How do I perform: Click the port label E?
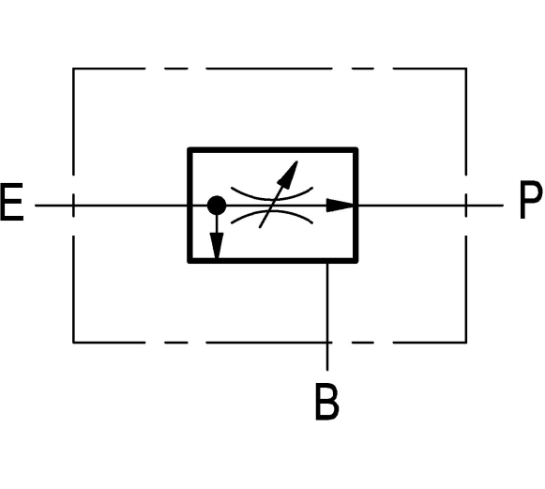pos(12,202)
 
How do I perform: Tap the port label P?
pos(530,200)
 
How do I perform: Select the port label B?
pos(326,402)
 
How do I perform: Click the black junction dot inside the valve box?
pos(217,206)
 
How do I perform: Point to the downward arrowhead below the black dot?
pos(217,246)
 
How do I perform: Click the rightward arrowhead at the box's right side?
pos(341,206)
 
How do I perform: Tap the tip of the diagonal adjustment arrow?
pos(297,161)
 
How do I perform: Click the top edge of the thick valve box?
pos(273,150)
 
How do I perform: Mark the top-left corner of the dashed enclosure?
pos(73,69)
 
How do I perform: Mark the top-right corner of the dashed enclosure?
pos(466,69)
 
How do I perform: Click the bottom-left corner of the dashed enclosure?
pos(73,343)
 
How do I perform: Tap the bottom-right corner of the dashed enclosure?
pos(466,343)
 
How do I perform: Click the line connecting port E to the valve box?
pos(112,206)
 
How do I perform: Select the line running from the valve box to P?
pos(431,206)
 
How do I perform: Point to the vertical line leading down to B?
pos(327,316)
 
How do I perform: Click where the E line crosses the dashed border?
pos(73,206)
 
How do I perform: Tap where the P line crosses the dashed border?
pos(466,206)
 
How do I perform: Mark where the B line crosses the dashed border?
pos(327,343)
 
